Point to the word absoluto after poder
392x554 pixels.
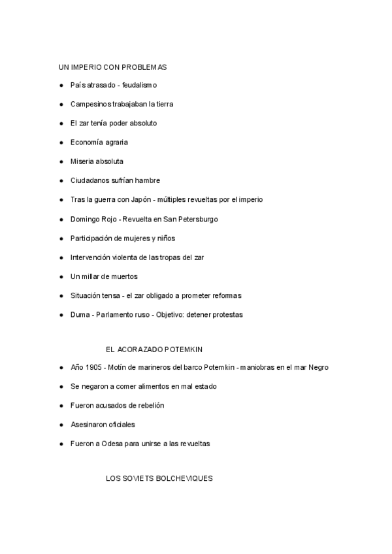[142, 123]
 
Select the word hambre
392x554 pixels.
[148, 180]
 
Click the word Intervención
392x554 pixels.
[91, 257]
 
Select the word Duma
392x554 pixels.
[80, 315]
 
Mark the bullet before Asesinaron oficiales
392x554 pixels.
[61, 425]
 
